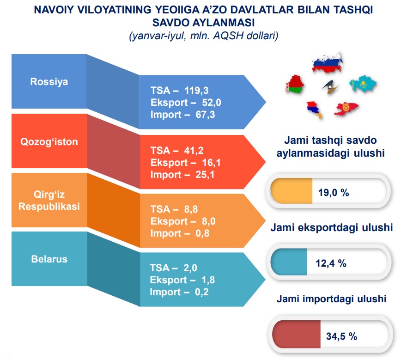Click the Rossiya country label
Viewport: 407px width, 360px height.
click(x=49, y=81)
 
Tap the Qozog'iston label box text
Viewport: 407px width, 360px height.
click(x=49, y=142)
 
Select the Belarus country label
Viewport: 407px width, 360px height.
click(x=49, y=259)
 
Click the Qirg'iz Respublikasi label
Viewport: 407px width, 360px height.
click(x=49, y=200)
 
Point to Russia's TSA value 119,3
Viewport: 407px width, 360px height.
click(x=196, y=91)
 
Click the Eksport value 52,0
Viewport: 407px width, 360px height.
click(x=212, y=102)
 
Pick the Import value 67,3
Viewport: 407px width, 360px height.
click(x=205, y=114)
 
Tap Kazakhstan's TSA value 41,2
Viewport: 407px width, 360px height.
click(x=194, y=150)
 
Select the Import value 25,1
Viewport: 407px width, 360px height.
click(x=205, y=175)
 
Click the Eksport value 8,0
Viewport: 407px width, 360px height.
click(x=209, y=221)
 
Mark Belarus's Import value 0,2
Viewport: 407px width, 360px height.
click(x=202, y=292)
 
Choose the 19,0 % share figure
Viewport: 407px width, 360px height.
click(x=334, y=193)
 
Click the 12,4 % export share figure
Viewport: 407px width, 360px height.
click(x=331, y=263)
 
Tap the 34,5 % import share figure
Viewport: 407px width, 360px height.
click(x=341, y=336)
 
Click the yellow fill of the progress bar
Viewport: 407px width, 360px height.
click(x=291, y=191)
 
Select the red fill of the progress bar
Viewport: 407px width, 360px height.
click(x=297, y=334)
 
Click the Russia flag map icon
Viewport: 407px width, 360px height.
click(x=328, y=62)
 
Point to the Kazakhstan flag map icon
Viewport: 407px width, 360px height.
click(x=363, y=84)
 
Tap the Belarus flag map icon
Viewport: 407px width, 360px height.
click(x=295, y=84)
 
